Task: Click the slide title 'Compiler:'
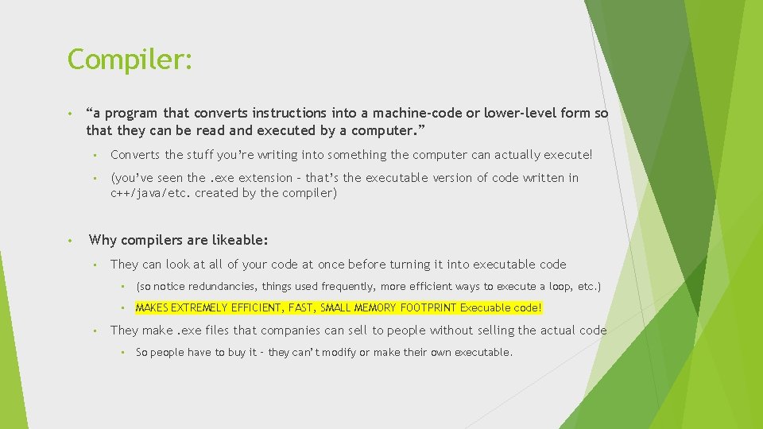point(130,59)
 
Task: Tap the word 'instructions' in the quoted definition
point(289,113)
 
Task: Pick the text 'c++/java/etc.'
point(151,193)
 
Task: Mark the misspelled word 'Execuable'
point(486,307)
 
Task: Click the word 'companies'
point(293,330)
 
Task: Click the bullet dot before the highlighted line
point(123,308)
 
